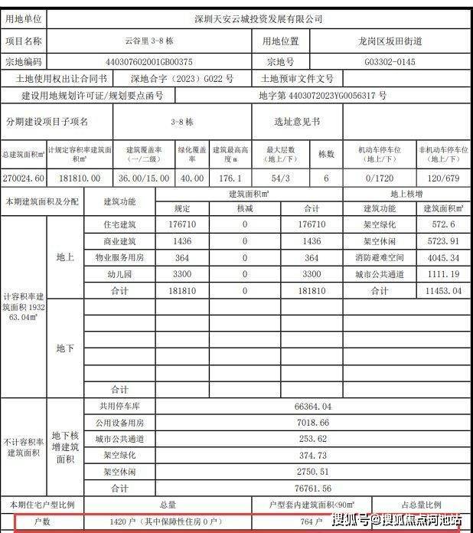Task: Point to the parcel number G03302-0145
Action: click(x=390, y=60)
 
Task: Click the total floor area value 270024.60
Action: click(x=24, y=178)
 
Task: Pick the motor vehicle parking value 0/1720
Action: click(x=380, y=178)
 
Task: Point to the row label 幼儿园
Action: click(x=119, y=274)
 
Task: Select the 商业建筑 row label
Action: click(x=119, y=241)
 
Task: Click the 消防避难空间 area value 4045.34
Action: click(x=444, y=258)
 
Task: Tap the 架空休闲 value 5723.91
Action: click(x=444, y=241)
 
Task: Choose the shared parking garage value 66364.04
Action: click(x=312, y=406)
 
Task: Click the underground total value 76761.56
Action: click(x=312, y=488)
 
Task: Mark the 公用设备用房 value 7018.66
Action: click(x=312, y=423)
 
